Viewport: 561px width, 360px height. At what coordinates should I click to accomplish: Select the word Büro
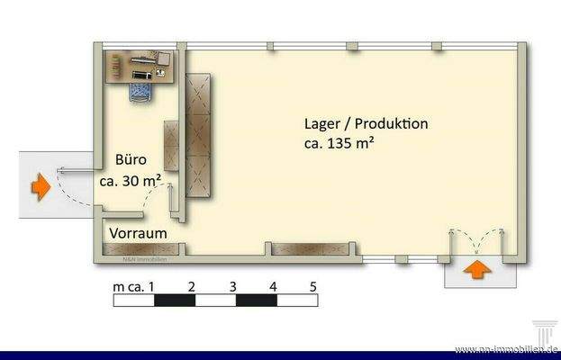pos(131,161)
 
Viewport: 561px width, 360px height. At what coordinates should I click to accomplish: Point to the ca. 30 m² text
pos(131,179)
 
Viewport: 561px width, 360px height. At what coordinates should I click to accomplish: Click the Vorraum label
pos(139,233)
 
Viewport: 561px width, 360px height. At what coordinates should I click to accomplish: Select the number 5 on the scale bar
pos(312,287)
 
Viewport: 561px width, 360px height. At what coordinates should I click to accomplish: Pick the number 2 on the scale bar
pos(192,287)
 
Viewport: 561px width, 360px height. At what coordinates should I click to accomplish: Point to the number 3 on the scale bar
pos(232,287)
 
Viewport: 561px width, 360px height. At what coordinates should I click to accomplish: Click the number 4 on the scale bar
pos(273,287)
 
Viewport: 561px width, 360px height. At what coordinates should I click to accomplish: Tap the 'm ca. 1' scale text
pos(135,287)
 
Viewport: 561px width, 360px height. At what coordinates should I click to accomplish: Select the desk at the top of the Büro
pos(141,65)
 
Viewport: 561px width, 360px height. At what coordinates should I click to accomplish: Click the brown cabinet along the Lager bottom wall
pos(297,248)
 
